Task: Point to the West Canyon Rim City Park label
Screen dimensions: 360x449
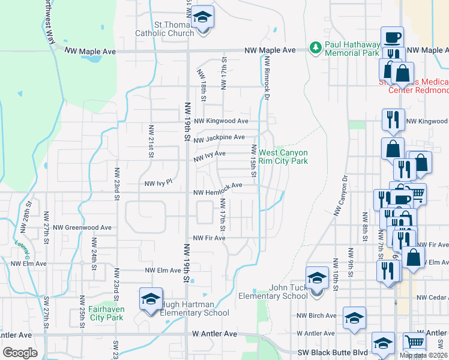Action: [292, 157]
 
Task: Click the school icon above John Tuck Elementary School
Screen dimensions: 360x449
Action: [318, 278]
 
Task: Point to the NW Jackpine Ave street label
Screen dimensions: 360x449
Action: [219, 138]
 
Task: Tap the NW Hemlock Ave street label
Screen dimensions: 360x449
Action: [217, 185]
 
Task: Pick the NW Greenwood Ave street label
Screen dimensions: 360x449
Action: [82, 228]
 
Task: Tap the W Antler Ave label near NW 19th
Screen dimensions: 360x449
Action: [214, 334]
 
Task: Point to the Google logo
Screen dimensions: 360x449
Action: [20, 353]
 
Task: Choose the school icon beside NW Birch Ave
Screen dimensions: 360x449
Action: [355, 318]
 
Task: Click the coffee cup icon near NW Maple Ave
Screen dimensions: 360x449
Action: [392, 37]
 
